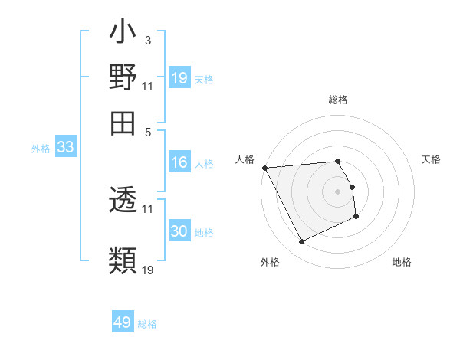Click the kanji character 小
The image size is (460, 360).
point(123,34)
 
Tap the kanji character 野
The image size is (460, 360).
point(123,77)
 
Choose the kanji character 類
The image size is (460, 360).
point(123,260)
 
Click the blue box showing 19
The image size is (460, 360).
point(179,77)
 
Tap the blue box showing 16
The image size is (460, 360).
point(179,162)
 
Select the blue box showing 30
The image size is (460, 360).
point(179,231)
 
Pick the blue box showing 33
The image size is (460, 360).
point(65,147)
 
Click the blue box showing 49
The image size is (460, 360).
point(123,322)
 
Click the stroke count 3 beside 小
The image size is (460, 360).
point(147,40)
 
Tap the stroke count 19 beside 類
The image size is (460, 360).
point(148,269)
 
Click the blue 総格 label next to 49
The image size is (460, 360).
point(147,324)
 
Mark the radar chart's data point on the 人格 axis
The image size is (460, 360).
point(264,167)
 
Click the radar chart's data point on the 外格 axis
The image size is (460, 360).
point(301,242)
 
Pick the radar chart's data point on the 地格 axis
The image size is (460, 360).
point(356,218)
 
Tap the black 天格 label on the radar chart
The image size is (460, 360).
point(432,159)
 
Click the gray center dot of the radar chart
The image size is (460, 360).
point(337,191)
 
